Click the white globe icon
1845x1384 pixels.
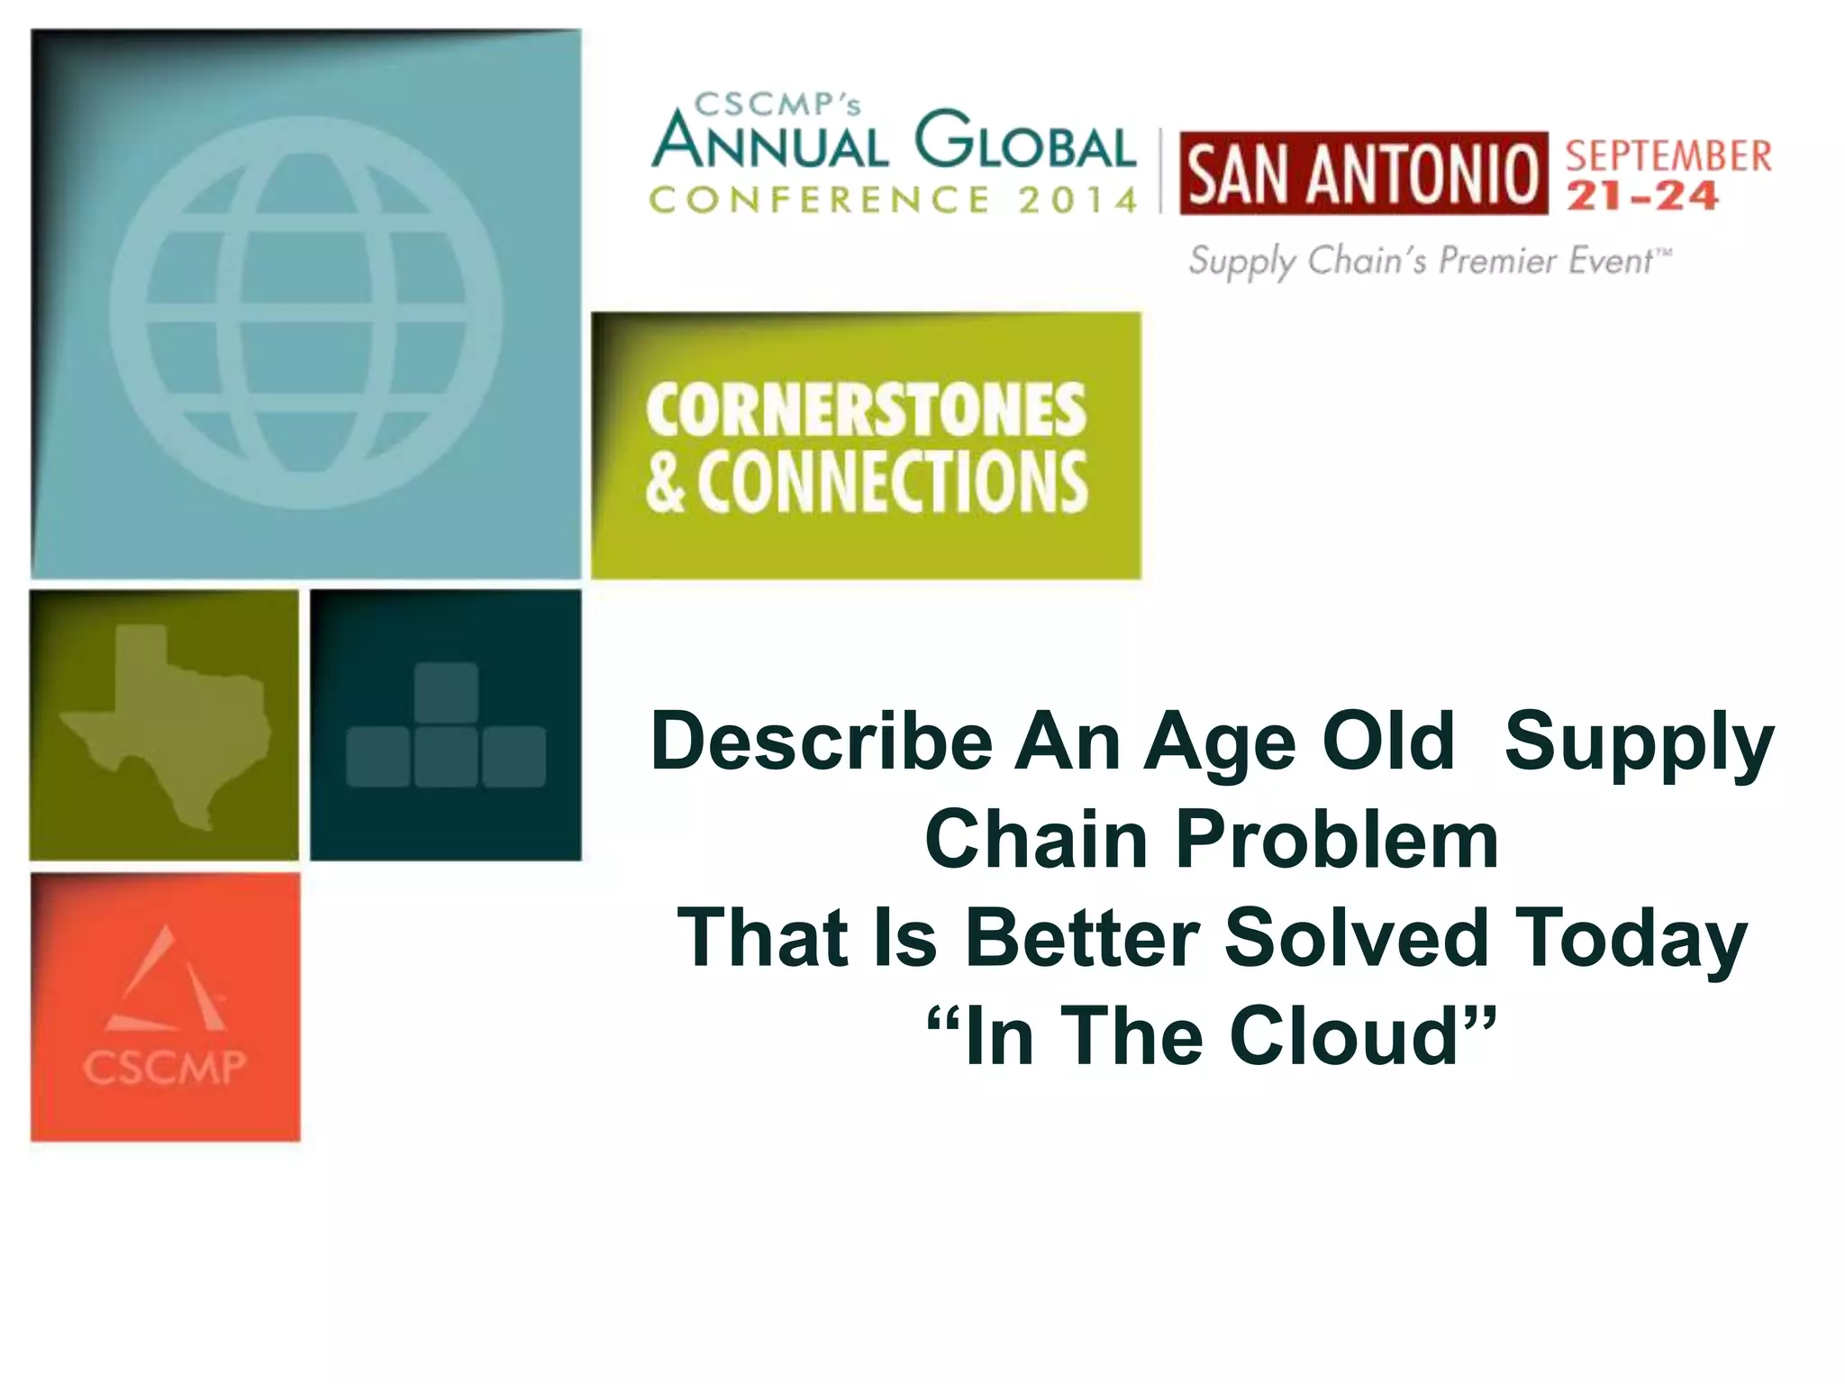[306, 312]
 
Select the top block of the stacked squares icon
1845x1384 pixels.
[446, 692]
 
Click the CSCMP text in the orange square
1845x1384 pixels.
[164, 1067]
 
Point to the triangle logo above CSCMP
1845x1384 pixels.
[167, 982]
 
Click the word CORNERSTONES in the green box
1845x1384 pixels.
[866, 411]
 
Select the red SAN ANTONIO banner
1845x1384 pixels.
[1363, 173]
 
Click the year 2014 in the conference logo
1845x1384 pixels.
[1078, 200]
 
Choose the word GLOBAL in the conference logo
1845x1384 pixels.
[1023, 141]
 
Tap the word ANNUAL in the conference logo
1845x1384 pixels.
[771, 143]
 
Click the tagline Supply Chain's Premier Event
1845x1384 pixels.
[1429, 261]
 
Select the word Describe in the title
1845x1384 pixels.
[821, 742]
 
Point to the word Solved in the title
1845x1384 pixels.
[1357, 937]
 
